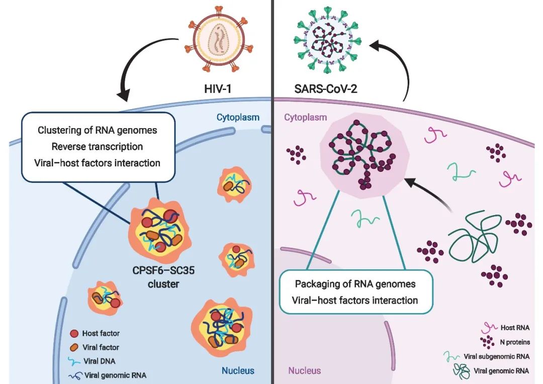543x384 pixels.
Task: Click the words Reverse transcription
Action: pyautogui.click(x=97, y=146)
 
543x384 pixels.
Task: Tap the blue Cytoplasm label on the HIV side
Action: pyautogui.click(x=238, y=118)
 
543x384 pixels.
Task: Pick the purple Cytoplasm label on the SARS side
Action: pyautogui.click(x=305, y=118)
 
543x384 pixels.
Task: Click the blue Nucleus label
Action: pyautogui.click(x=238, y=371)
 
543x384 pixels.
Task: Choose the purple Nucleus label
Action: pyautogui.click(x=304, y=371)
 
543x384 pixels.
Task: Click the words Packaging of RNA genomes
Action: pyautogui.click(x=355, y=284)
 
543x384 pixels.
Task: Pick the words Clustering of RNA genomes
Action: pyautogui.click(x=97, y=130)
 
